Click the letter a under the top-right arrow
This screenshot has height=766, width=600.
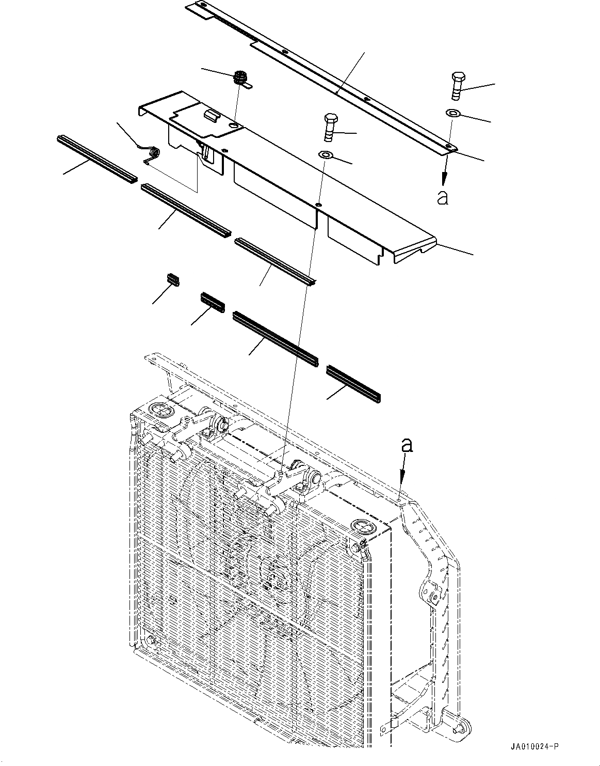(443, 197)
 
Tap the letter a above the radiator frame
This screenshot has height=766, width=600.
(408, 445)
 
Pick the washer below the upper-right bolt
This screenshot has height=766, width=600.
(452, 113)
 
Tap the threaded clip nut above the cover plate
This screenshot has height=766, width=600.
(240, 79)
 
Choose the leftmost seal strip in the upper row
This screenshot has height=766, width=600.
(96, 159)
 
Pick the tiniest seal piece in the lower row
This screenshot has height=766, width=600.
(173, 279)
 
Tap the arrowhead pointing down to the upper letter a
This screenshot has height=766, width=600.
(443, 180)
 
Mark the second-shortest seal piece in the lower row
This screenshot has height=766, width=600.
(213, 303)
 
